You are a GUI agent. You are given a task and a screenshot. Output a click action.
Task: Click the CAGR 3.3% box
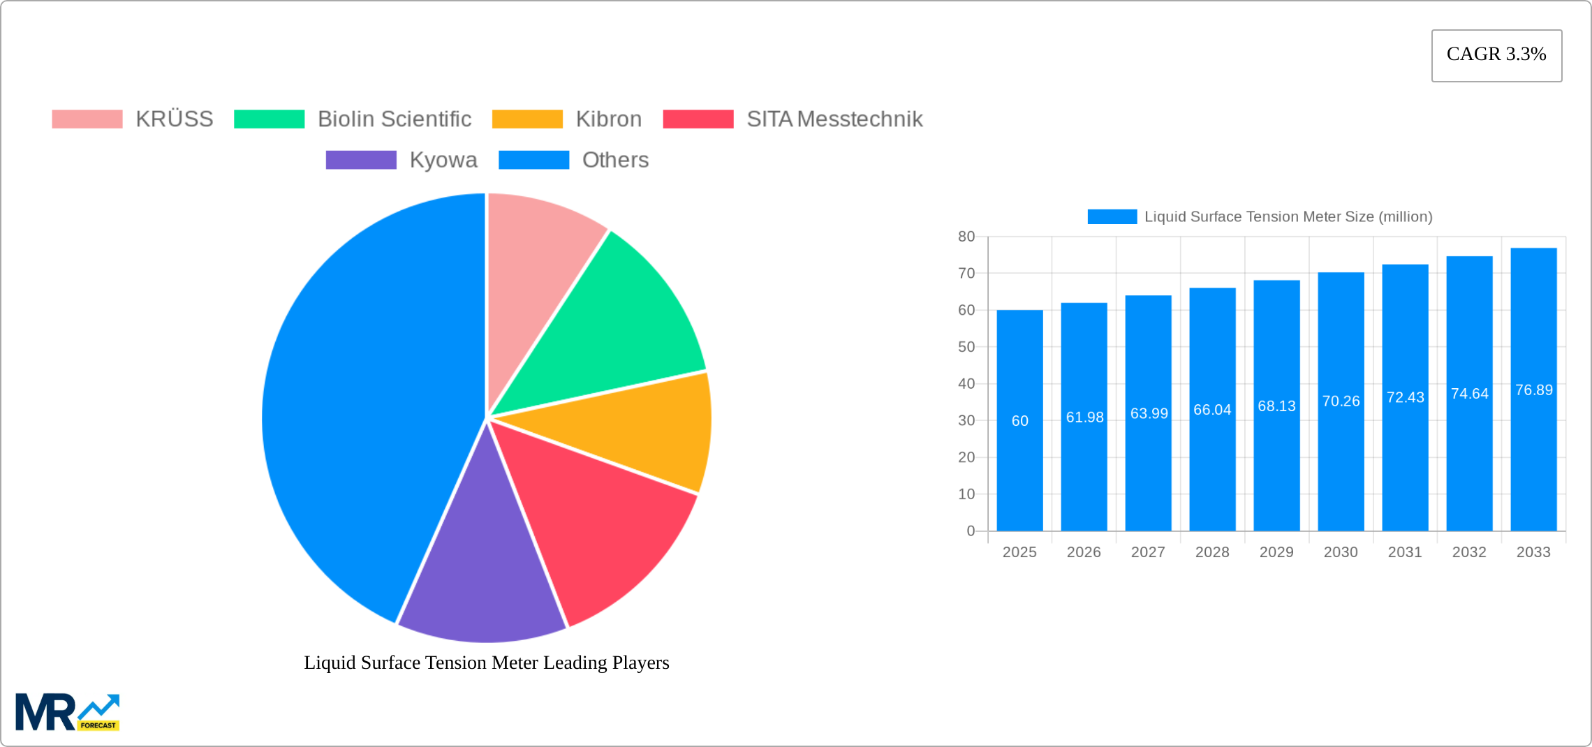point(1496,55)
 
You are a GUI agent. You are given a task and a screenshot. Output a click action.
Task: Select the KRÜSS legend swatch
point(87,119)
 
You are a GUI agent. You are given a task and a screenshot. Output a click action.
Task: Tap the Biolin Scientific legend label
point(395,119)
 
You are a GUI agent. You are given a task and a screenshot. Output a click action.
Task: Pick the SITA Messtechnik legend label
point(834,119)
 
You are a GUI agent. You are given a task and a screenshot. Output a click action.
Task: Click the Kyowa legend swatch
point(361,160)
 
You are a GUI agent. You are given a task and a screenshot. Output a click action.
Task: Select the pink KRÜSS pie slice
point(538,251)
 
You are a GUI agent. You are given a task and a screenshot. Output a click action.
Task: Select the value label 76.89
point(1534,390)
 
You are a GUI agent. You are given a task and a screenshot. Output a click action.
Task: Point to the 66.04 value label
point(1212,410)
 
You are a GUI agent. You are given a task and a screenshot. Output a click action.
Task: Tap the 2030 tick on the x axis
point(1341,552)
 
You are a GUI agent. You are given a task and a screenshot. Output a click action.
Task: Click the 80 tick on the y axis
point(966,237)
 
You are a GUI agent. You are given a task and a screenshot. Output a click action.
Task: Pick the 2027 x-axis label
point(1148,552)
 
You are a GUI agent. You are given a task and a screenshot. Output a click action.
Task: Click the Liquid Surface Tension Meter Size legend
point(1260,217)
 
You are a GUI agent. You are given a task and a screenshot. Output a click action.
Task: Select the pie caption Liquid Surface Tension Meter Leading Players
point(487,663)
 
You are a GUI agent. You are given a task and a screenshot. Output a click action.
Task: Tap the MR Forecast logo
point(67,712)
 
